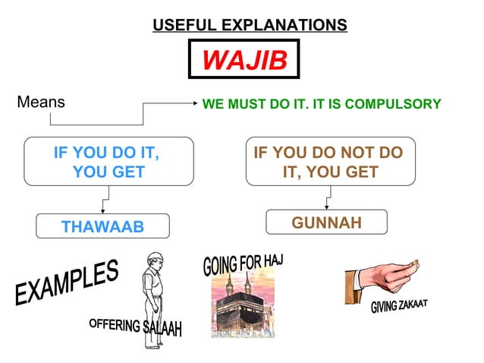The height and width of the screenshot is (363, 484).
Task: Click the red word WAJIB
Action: point(244,59)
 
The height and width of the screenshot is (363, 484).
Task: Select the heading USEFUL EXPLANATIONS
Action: point(250,25)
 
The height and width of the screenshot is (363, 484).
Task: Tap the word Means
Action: point(40,102)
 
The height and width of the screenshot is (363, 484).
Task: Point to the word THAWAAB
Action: point(102,226)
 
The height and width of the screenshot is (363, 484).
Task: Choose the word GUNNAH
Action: point(327,223)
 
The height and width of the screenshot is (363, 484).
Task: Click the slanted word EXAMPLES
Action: point(66,284)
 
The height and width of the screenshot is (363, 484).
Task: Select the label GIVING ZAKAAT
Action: point(399,306)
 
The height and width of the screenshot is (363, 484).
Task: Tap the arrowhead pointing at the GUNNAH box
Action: point(327,207)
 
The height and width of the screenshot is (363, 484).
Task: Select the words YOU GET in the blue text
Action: point(108,172)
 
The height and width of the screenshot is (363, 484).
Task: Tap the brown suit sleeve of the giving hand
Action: point(357,280)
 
